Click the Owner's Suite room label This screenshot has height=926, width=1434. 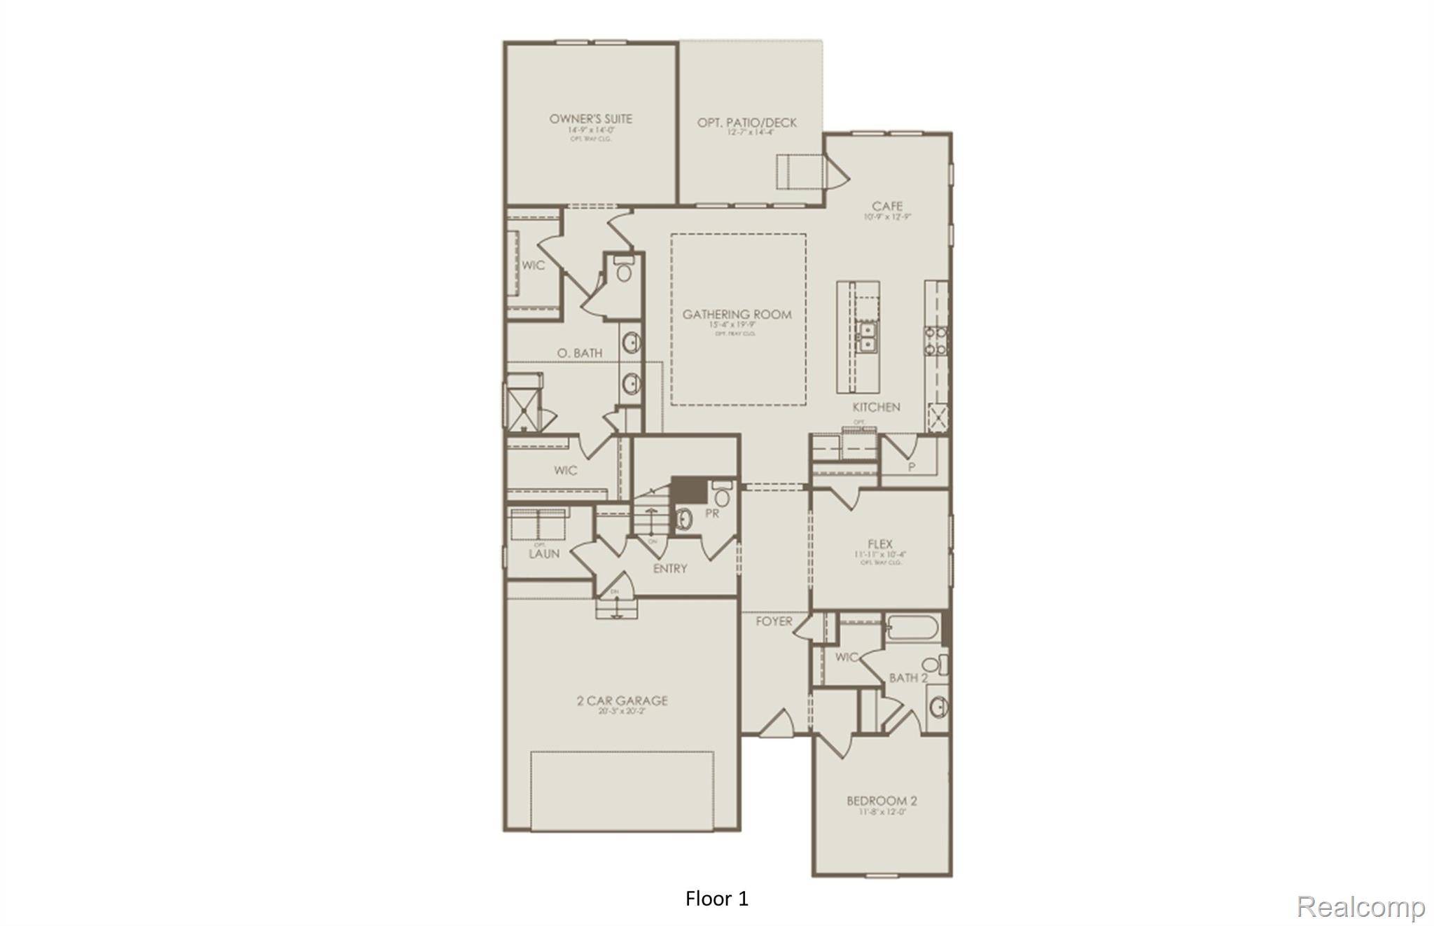pos(590,119)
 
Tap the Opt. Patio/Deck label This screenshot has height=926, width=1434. pos(746,123)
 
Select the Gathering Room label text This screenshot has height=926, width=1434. pos(737,315)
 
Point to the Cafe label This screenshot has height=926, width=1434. pos(886,206)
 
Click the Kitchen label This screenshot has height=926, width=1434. pos(876,407)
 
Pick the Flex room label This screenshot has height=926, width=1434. pos(879,544)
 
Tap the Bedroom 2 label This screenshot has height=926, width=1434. pos(882,801)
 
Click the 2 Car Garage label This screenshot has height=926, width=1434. pos(622,700)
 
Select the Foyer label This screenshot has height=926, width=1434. pos(774,621)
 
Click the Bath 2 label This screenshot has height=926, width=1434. pos(908,677)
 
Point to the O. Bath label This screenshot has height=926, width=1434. pos(580,353)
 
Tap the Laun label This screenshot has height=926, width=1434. pos(544,553)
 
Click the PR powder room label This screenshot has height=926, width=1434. pos(712,513)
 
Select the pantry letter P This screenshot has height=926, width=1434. pos(912,467)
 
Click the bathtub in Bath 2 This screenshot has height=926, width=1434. pos(913,628)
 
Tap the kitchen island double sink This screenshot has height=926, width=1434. pos(867,337)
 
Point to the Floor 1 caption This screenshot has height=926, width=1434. pos(717,899)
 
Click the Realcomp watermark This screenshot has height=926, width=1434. pos(1360,906)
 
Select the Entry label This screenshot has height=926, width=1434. pos(669,569)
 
